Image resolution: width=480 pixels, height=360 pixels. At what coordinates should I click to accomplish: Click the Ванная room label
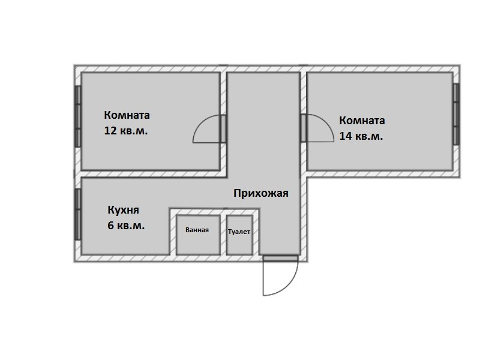pyautogui.click(x=197, y=230)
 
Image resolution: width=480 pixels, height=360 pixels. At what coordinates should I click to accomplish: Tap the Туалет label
pyautogui.click(x=239, y=232)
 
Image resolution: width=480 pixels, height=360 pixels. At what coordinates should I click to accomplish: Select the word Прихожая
pyautogui.click(x=261, y=193)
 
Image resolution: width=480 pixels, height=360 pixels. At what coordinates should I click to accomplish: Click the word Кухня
pyautogui.click(x=124, y=210)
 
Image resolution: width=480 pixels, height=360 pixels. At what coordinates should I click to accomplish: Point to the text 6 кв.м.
pyautogui.click(x=126, y=226)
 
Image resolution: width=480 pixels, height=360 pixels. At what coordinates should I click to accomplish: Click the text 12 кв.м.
pyautogui.click(x=126, y=131)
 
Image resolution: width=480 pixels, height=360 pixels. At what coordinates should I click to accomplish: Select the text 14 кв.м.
pyautogui.click(x=361, y=136)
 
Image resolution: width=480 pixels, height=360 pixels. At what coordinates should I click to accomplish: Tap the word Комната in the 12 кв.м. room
pyautogui.click(x=127, y=115)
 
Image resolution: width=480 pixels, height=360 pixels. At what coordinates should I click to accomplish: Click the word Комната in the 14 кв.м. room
pyautogui.click(x=362, y=121)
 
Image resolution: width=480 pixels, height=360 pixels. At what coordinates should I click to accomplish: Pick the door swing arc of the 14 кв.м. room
pyautogui.click(x=326, y=122)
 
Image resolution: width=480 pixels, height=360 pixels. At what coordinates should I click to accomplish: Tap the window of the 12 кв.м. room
pyautogui.click(x=78, y=116)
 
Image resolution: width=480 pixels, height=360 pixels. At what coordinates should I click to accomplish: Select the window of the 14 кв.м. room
pyautogui.click(x=456, y=114)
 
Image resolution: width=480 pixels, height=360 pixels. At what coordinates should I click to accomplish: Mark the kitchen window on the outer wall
pyautogui.click(x=78, y=214)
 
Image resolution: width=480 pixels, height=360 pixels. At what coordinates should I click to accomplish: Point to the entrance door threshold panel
pyautogui.click(x=281, y=259)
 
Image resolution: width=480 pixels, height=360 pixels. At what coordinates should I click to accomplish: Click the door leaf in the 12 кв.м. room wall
pyautogui.click(x=223, y=129)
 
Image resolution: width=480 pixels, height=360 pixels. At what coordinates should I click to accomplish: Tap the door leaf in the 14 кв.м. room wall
pyautogui.click(x=304, y=128)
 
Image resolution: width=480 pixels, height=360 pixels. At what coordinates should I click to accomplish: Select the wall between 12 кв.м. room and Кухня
pyautogui.click(x=154, y=174)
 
